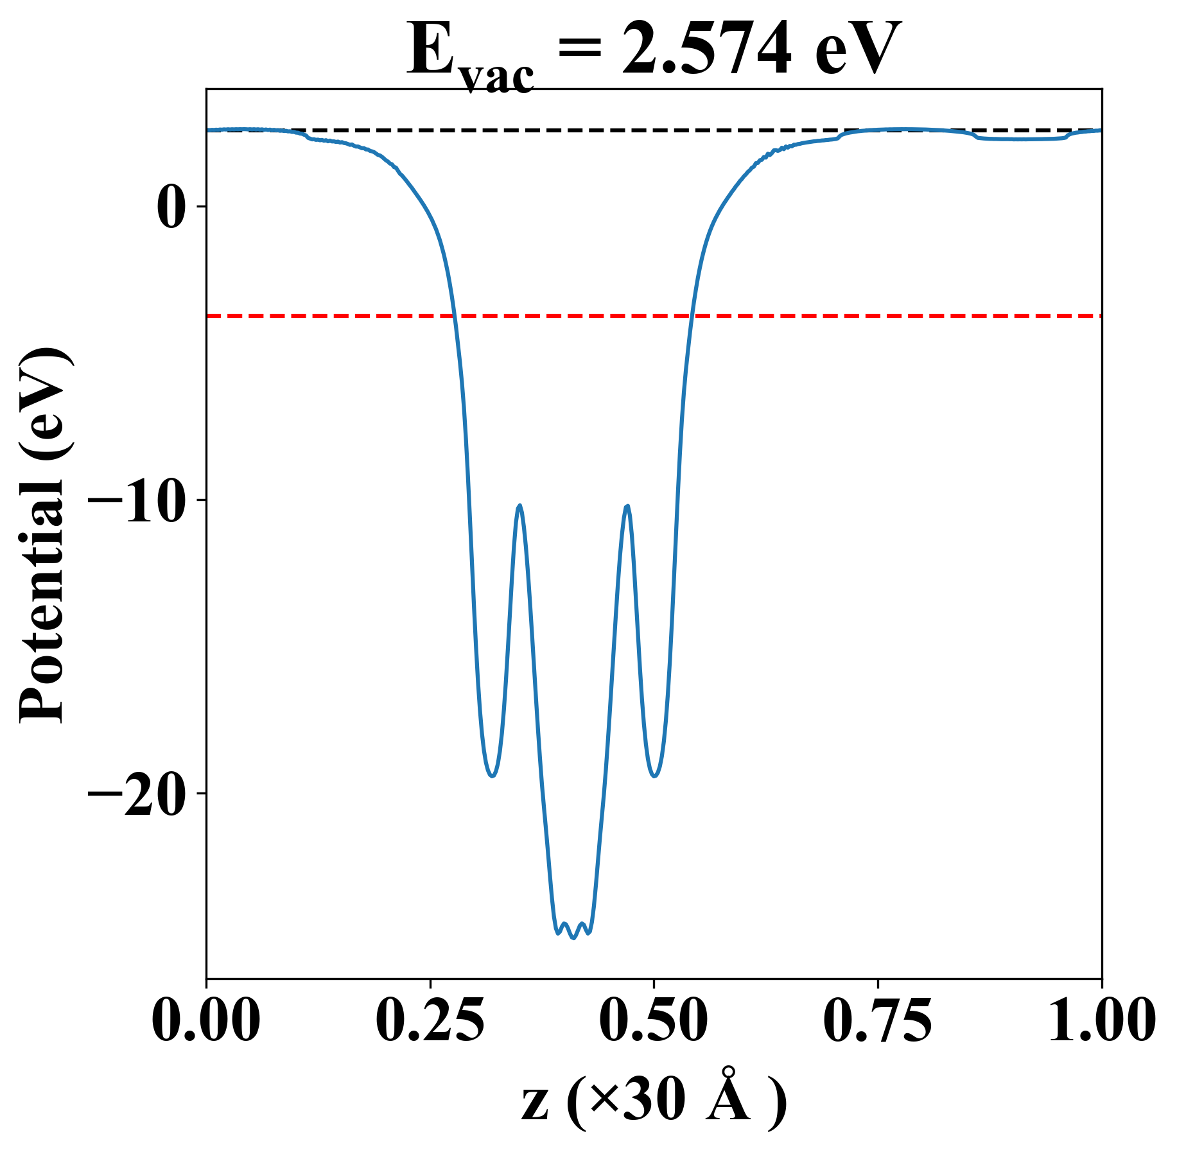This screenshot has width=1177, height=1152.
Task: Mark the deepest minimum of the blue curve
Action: (573, 938)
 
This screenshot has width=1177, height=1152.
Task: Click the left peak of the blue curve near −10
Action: (519, 505)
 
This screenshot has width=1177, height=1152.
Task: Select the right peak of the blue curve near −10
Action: (627, 506)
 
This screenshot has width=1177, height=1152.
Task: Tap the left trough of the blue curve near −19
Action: (492, 776)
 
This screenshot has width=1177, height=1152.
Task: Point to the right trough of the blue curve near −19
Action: (654, 776)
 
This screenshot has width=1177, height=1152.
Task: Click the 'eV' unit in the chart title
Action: (857, 50)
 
